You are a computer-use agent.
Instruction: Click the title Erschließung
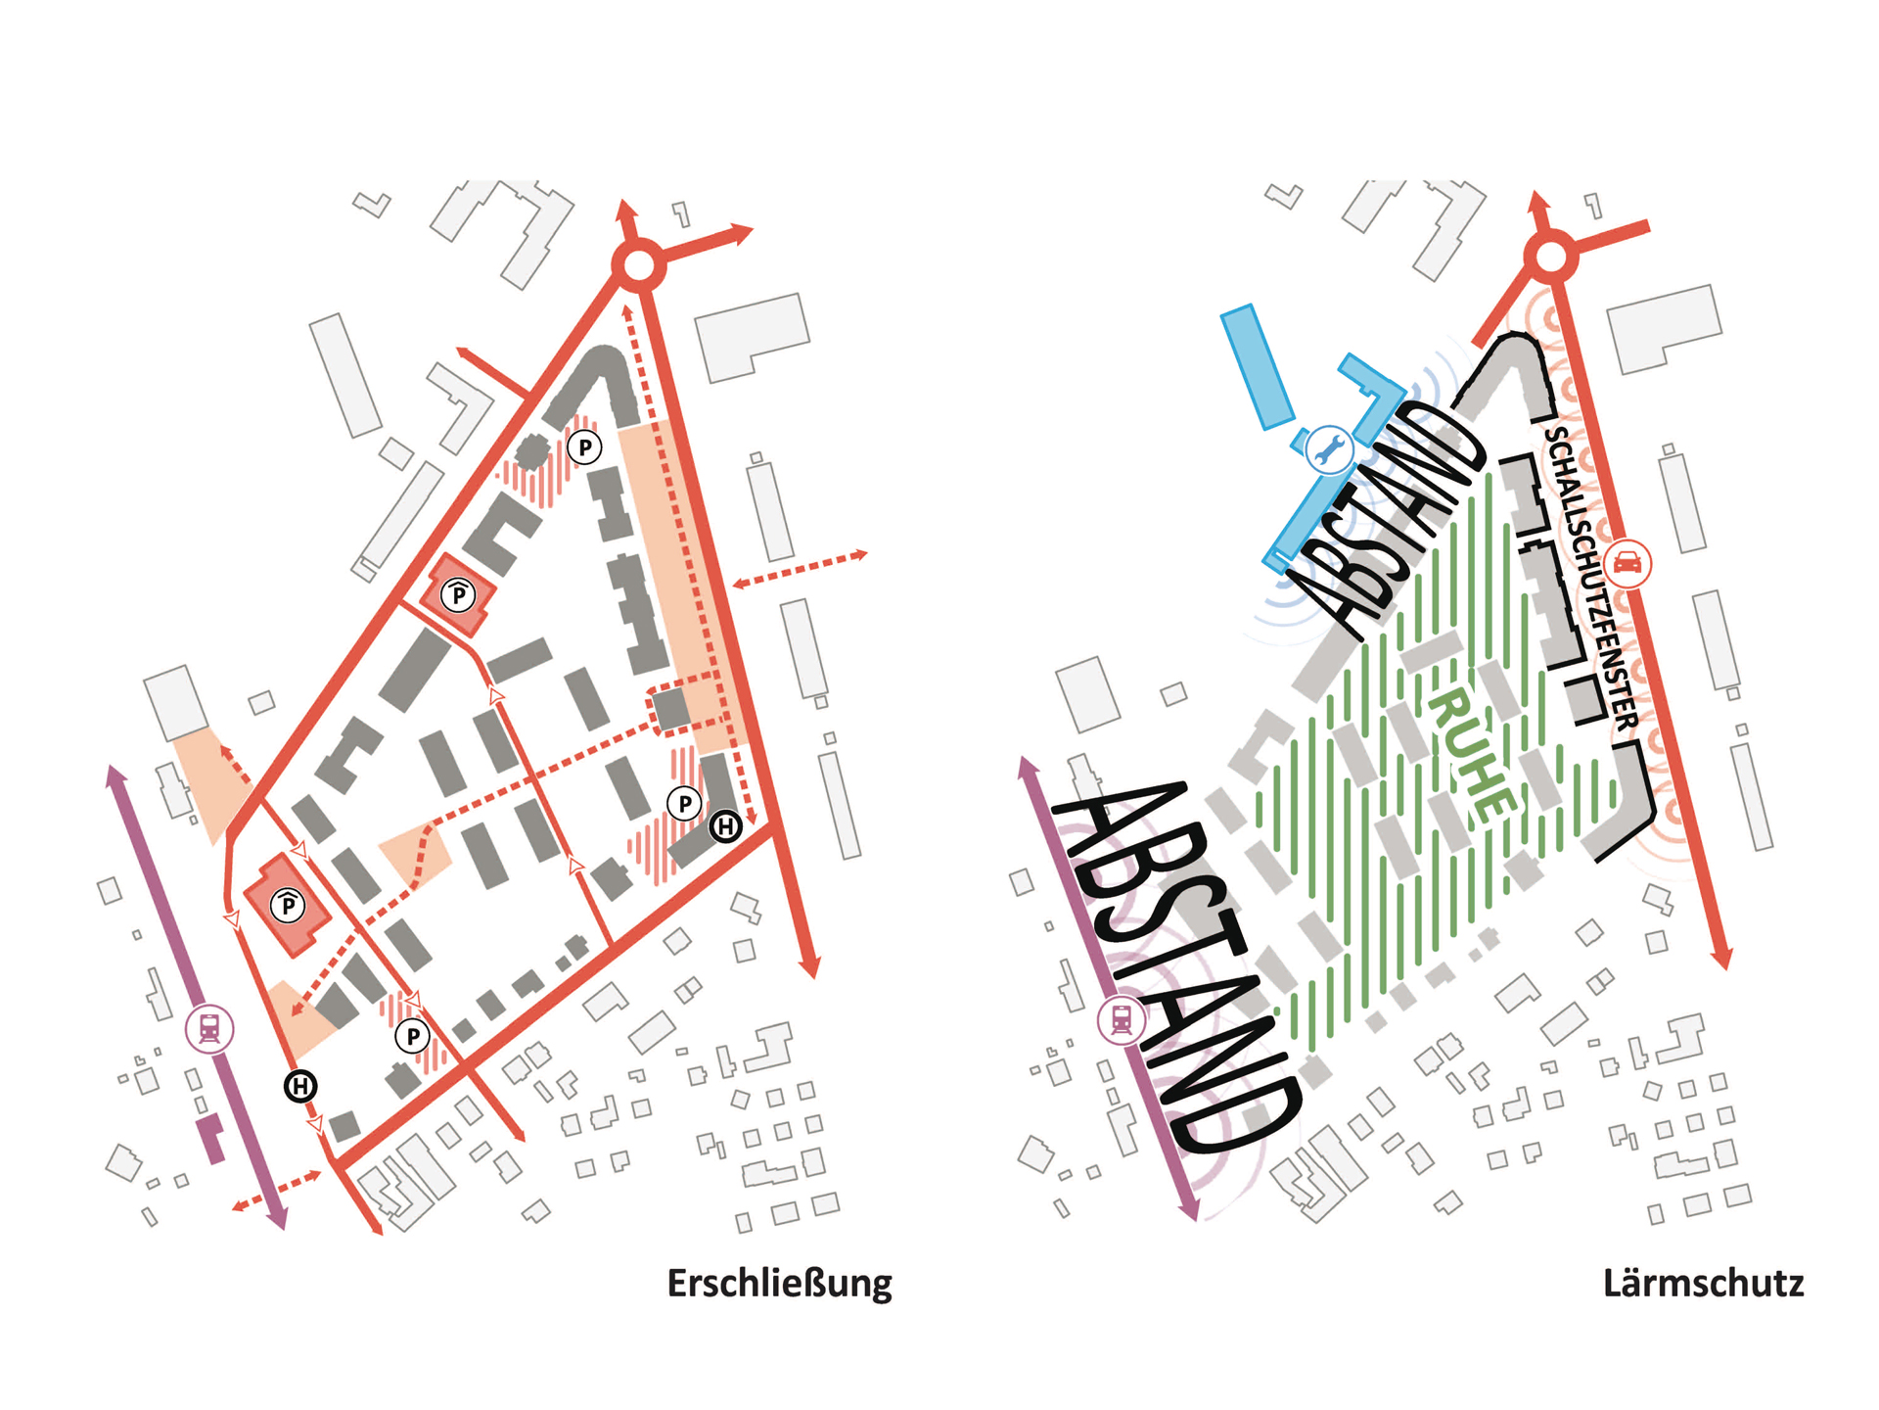(779, 1284)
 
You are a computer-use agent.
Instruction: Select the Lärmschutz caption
(1703, 1284)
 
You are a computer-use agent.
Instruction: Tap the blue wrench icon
(1329, 450)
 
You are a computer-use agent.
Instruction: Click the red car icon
(1627, 563)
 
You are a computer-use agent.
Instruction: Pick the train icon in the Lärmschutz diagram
(1122, 1019)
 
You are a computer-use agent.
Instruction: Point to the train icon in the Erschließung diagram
(209, 1029)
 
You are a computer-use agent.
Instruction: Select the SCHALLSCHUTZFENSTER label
(1591, 578)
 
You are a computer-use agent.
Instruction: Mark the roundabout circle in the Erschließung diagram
(638, 264)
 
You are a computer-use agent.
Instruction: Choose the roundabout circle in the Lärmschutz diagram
(1551, 258)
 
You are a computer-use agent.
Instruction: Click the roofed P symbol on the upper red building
(458, 594)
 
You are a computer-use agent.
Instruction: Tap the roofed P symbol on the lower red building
(288, 906)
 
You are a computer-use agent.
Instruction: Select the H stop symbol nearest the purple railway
(300, 1086)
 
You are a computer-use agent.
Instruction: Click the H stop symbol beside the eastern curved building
(725, 826)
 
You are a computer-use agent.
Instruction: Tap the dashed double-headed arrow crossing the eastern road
(801, 569)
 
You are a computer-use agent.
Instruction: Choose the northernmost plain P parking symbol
(585, 447)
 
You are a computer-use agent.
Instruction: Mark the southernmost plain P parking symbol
(413, 1035)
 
